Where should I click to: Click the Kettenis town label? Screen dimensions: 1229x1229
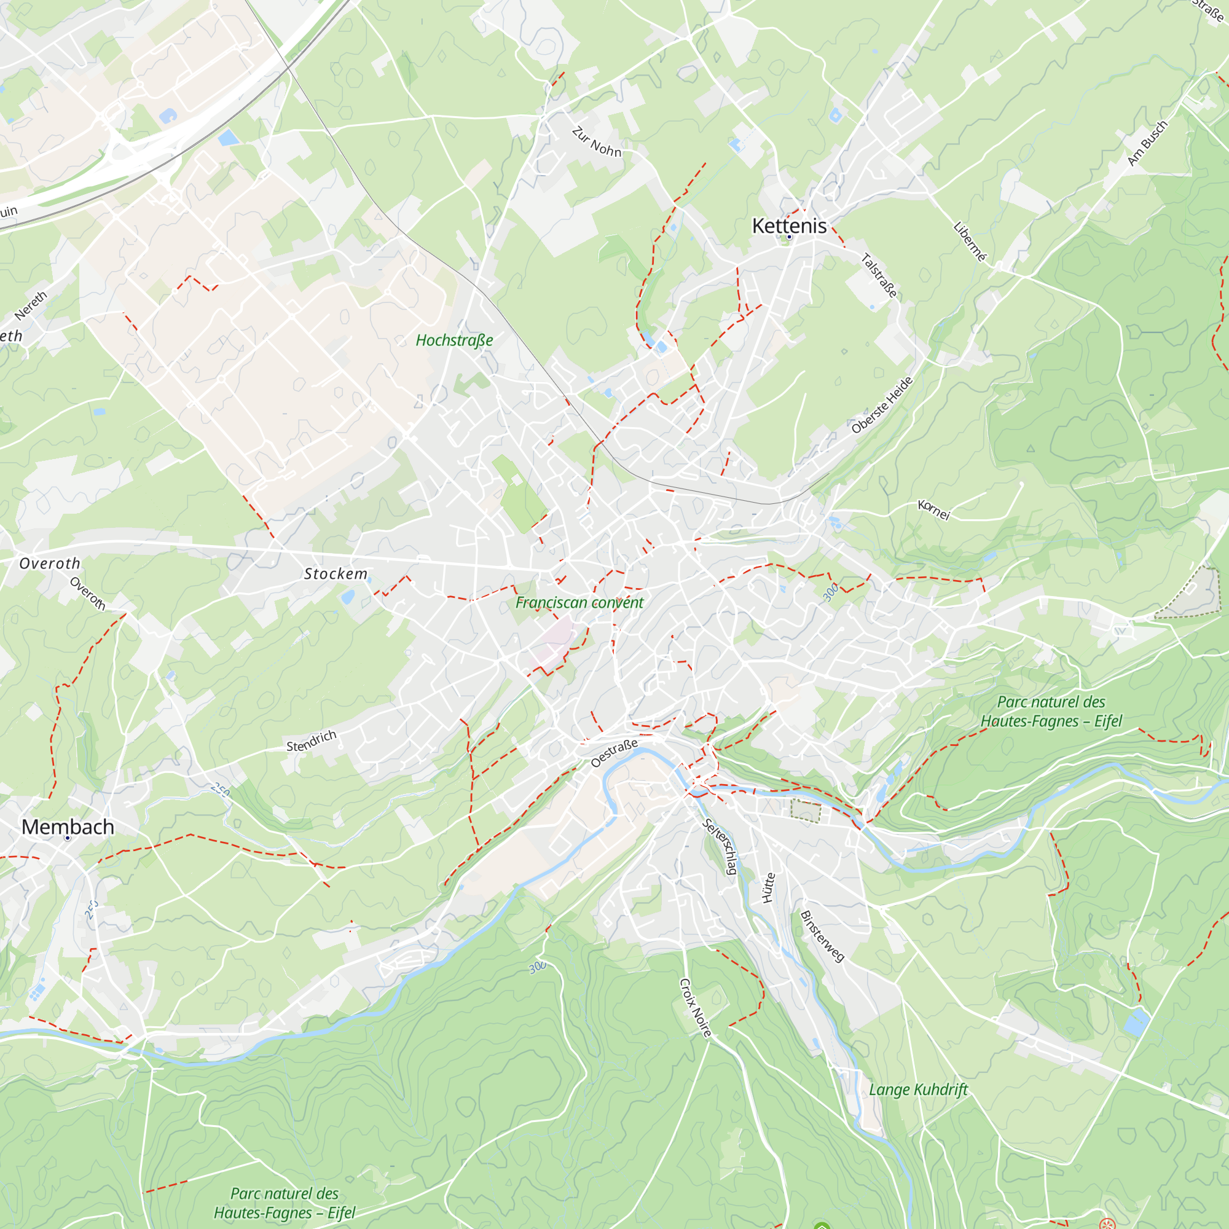click(x=789, y=226)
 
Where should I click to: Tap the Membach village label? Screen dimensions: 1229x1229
click(x=68, y=827)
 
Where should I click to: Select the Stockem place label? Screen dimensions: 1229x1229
click(x=336, y=574)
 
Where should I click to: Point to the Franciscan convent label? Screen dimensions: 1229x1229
click(x=579, y=602)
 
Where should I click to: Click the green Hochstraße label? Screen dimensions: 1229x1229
click(x=454, y=340)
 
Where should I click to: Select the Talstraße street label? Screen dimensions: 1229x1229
click(x=879, y=275)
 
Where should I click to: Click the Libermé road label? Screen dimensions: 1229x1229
click(x=970, y=241)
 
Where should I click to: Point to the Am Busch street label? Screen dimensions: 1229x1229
click(x=1147, y=144)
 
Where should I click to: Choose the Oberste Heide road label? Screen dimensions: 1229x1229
click(x=882, y=405)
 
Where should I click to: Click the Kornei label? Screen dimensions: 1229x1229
click(x=934, y=509)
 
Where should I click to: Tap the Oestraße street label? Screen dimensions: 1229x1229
click(x=614, y=753)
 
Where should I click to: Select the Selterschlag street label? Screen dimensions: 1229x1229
click(x=720, y=847)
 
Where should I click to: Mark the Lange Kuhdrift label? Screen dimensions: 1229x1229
click(x=918, y=1090)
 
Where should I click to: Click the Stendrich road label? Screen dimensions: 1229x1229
click(x=311, y=741)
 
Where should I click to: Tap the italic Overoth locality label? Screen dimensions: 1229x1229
click(x=50, y=563)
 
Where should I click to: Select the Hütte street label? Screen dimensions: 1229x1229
click(x=769, y=888)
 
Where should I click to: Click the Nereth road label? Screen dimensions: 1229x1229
click(x=31, y=306)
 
